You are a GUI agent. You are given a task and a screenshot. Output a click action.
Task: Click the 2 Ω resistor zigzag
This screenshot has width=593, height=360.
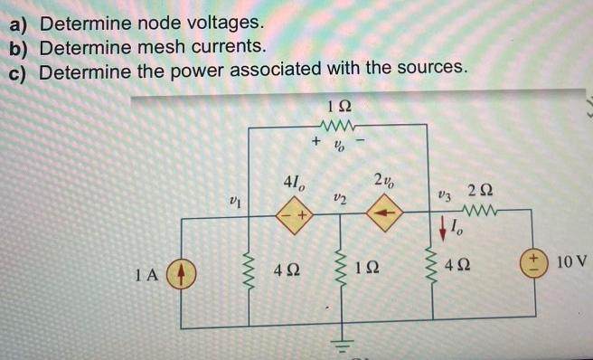click(x=481, y=215)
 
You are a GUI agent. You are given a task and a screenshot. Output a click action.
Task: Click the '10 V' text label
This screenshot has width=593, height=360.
click(x=572, y=262)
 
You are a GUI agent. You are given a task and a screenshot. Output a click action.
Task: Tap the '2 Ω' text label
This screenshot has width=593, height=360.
click(x=481, y=191)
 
